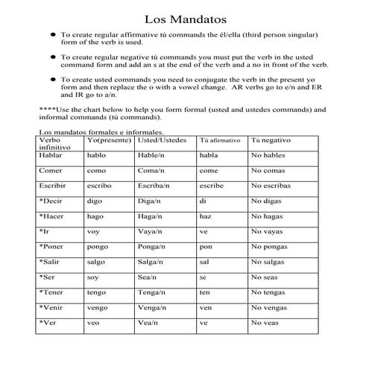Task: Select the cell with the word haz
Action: tap(206, 216)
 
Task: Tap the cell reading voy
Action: tap(93, 231)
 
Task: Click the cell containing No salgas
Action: tap(269, 262)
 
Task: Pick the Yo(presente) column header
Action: tap(108, 139)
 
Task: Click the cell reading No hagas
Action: tap(268, 216)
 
